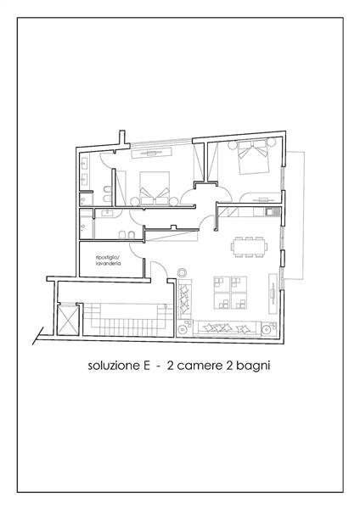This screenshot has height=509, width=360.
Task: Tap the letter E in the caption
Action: (x=146, y=366)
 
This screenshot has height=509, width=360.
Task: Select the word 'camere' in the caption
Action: (x=200, y=366)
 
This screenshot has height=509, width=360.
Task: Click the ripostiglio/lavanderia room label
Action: (x=108, y=260)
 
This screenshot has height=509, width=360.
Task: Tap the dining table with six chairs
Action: (x=249, y=247)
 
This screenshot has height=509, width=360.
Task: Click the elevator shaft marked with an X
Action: (x=68, y=320)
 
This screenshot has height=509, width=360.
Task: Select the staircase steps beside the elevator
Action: (x=127, y=320)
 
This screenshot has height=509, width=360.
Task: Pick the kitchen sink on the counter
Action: (x=270, y=212)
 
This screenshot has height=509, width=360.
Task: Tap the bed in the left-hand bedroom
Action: (x=155, y=188)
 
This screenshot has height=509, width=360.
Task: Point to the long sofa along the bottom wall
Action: (x=227, y=328)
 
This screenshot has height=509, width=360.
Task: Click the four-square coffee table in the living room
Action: (x=230, y=293)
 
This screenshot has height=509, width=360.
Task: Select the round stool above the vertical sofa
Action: (x=182, y=272)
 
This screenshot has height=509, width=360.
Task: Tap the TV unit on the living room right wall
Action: (x=273, y=294)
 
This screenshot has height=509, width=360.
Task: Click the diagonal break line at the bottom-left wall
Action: (x=37, y=336)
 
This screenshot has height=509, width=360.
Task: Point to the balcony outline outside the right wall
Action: (x=295, y=215)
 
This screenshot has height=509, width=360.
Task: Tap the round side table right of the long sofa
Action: (x=267, y=330)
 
